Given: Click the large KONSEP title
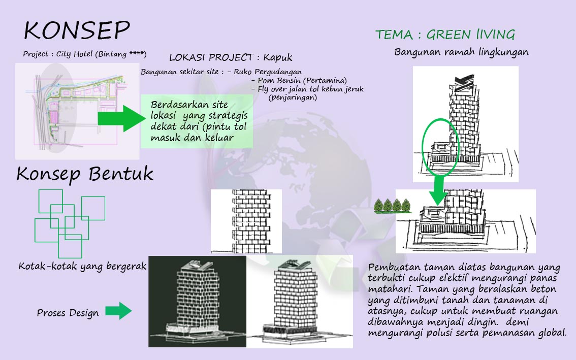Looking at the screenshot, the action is pos(77,30).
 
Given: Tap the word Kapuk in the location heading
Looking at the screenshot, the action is pos(278,58).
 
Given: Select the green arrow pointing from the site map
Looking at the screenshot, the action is pos(121,118).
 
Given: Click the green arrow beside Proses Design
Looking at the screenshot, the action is pos(118,311).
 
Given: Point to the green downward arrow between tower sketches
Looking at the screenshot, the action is pos(438,190).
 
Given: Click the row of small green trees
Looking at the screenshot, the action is pos(392,206).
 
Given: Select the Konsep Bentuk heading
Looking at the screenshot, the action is pos(85,174).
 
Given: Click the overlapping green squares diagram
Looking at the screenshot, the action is pos(70,223).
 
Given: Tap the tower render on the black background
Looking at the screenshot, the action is pos(197,302).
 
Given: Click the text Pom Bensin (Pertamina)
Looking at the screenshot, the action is pos(302,80).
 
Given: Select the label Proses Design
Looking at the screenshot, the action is pos(68,313).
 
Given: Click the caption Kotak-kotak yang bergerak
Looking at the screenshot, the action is pos(83,267).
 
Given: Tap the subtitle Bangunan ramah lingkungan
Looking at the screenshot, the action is pos(461,52).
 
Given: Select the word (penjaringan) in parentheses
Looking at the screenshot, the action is pos(293,97).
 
